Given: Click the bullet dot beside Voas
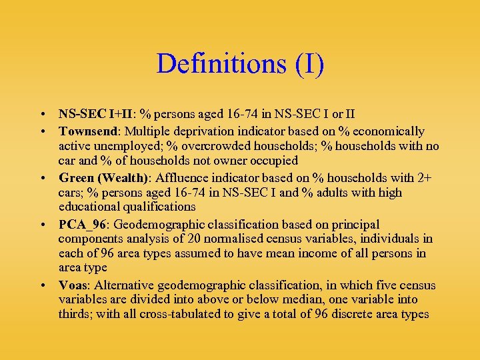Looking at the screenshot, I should tap(43, 286).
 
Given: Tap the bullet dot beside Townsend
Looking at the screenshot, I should tap(43, 132).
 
